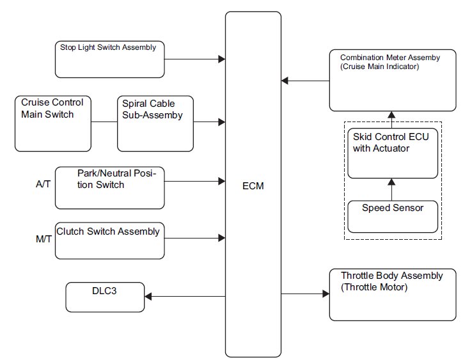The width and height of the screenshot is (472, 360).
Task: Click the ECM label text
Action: click(x=253, y=186)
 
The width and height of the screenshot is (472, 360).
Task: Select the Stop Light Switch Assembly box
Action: click(x=110, y=59)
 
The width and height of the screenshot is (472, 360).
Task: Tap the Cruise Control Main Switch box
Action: click(x=53, y=123)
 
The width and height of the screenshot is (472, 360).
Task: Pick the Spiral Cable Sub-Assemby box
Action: click(x=155, y=123)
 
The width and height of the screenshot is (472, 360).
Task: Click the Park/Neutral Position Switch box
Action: click(x=110, y=188)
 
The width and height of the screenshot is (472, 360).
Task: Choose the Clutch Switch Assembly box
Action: click(x=110, y=241)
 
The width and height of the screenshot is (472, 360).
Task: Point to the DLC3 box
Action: click(x=105, y=297)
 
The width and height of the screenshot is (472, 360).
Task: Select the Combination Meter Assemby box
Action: click(x=393, y=81)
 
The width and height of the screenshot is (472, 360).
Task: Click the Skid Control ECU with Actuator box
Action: click(x=393, y=153)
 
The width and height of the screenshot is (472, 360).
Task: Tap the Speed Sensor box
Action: click(x=393, y=217)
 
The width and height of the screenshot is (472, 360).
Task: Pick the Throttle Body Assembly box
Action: click(x=393, y=295)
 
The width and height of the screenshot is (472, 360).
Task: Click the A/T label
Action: click(x=43, y=184)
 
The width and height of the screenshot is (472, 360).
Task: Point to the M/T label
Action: click(x=43, y=239)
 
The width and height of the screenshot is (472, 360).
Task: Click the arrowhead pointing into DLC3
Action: click(x=148, y=297)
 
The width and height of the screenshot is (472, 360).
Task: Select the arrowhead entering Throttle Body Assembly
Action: click(x=326, y=293)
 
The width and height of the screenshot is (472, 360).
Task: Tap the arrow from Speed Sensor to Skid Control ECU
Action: click(x=391, y=190)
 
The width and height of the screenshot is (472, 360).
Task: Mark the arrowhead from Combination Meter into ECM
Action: click(x=285, y=81)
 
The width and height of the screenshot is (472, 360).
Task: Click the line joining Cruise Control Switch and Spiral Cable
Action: click(x=104, y=122)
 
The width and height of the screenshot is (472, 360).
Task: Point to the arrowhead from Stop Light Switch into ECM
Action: click(x=221, y=59)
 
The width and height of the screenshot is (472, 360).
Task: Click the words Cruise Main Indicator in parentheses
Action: click(x=380, y=67)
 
